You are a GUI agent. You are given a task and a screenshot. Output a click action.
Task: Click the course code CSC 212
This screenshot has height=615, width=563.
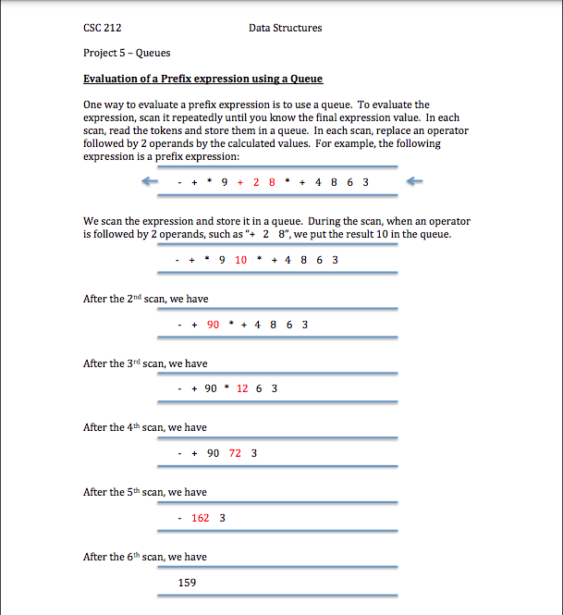102,28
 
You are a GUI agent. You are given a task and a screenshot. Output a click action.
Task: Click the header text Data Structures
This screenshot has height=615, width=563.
285,28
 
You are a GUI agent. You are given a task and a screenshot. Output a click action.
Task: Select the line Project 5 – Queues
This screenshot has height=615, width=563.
127,53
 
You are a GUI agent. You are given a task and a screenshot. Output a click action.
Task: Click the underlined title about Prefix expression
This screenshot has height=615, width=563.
202,79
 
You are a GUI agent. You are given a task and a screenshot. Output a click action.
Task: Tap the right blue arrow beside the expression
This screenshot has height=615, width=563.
416,181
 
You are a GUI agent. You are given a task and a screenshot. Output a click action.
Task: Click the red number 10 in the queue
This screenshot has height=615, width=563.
240,260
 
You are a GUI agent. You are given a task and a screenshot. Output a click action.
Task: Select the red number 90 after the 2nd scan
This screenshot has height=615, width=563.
213,325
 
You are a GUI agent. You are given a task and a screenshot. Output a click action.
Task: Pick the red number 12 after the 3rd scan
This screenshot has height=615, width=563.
242,388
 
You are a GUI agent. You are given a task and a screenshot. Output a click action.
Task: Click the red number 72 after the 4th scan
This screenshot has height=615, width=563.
236,453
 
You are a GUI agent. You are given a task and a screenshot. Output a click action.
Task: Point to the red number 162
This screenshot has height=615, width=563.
200,518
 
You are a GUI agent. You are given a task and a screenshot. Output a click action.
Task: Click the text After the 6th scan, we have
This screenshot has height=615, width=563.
145,557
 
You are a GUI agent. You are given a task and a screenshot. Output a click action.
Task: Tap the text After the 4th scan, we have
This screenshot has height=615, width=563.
145,427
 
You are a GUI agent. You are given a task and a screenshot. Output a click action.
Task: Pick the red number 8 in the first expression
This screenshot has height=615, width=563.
272,182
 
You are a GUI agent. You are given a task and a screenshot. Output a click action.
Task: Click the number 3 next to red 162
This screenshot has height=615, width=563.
223,518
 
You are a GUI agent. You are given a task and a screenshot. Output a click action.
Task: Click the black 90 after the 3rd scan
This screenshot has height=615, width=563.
211,388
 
